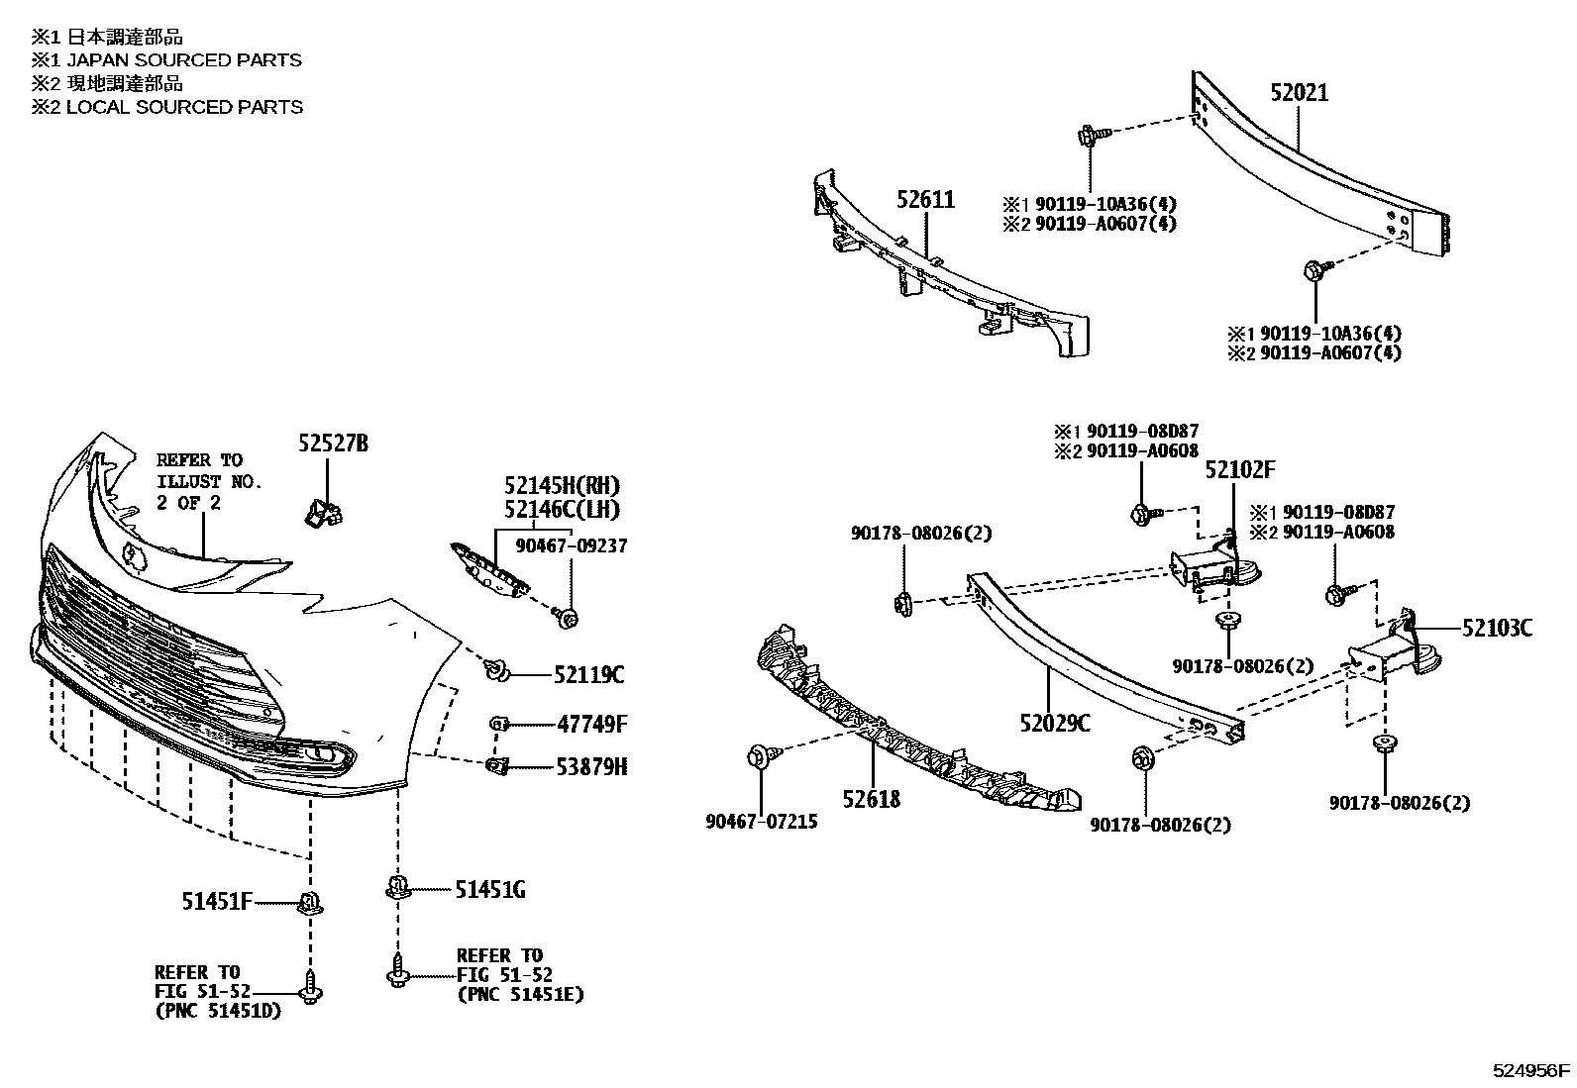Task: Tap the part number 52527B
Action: [x=333, y=444]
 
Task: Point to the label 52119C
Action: [x=589, y=675]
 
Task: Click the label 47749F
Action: [x=591, y=724]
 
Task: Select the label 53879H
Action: [x=591, y=767]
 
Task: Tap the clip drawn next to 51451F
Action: [x=311, y=902]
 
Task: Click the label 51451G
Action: [x=490, y=890]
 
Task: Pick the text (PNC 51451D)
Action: [x=217, y=1010]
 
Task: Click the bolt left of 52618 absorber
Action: [x=760, y=756]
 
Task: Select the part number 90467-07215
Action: [x=762, y=822]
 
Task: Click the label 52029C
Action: [x=1054, y=725]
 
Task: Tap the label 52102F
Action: [x=1239, y=469]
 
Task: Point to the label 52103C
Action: [x=1497, y=628]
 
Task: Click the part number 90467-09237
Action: [x=571, y=545]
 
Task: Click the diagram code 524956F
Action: [x=1531, y=1070]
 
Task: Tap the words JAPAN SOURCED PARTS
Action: [x=183, y=60]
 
